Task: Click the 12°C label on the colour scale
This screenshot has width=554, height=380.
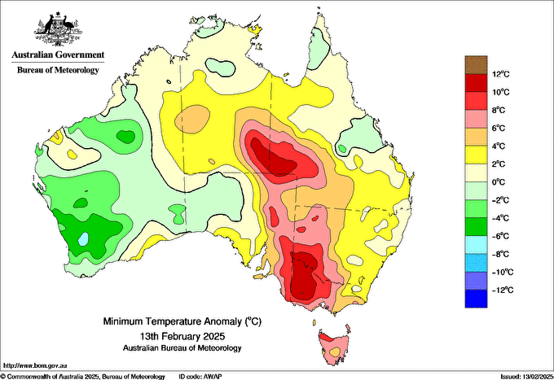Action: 501,74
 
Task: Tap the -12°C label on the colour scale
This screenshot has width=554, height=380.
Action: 503,290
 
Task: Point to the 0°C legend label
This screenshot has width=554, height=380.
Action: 499,182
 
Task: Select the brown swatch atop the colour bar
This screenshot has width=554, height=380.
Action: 476,64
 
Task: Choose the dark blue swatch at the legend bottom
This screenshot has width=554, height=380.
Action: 476,299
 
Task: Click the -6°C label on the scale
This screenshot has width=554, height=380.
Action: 501,236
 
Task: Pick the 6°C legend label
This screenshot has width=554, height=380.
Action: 499,128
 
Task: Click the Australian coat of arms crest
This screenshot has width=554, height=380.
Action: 58,29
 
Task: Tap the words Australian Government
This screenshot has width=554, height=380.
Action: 58,55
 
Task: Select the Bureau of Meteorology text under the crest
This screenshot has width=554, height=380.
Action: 58,70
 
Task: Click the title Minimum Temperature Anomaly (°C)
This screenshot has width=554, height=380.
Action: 182,321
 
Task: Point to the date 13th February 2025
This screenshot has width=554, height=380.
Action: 182,335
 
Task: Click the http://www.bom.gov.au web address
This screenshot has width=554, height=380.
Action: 35,365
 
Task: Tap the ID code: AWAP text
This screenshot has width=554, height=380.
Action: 200,377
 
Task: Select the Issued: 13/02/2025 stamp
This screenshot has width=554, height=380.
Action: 526,377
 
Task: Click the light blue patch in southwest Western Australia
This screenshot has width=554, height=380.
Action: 83,239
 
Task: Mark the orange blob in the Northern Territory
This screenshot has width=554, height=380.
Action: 192,119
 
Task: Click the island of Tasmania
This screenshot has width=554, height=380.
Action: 334,347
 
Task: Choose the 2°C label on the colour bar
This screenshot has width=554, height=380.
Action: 499,164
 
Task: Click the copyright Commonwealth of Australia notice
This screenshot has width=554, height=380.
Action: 83,377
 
